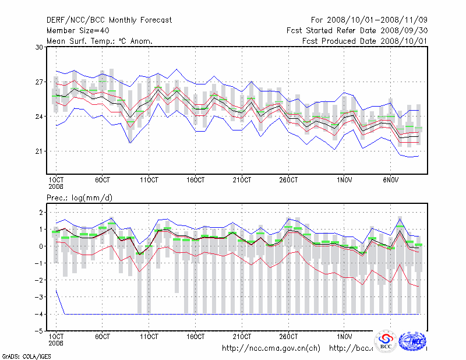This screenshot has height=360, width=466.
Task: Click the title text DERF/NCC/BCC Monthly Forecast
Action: (x=109, y=20)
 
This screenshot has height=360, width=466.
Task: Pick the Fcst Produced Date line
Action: (x=365, y=41)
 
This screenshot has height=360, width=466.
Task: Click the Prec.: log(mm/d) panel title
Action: (x=79, y=198)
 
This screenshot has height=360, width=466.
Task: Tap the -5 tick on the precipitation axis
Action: (x=38, y=331)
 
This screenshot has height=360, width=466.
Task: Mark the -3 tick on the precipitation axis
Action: (x=38, y=297)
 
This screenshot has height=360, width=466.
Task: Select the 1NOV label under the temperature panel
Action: (x=345, y=179)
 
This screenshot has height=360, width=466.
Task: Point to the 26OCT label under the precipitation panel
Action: (x=288, y=337)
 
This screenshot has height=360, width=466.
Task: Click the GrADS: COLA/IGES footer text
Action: (x=19, y=355)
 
